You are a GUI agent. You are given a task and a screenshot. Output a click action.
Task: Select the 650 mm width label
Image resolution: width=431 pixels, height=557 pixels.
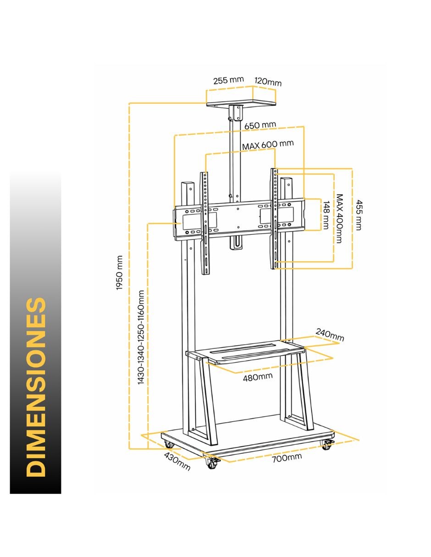260,125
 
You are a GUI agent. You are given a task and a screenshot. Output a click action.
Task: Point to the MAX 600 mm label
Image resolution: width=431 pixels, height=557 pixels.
268,144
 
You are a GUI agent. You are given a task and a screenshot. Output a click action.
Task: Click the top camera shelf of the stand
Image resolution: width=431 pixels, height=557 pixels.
241,103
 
